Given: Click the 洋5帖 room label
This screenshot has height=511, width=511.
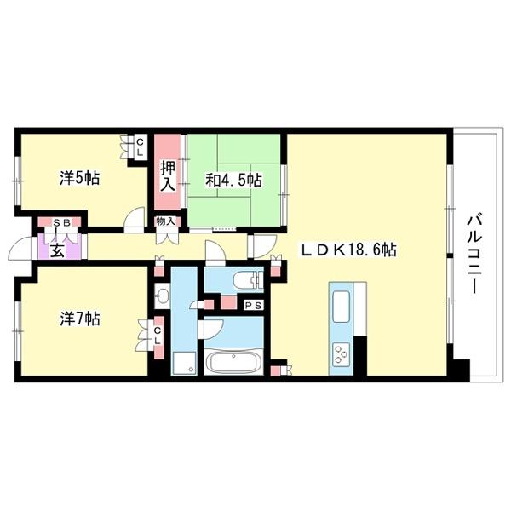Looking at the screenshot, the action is click(x=79, y=178).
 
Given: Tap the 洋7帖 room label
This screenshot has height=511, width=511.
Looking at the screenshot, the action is click(x=80, y=319).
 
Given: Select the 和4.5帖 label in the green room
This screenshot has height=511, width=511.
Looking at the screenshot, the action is click(x=233, y=181).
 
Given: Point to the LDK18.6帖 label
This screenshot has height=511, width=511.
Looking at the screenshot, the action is click(x=348, y=250).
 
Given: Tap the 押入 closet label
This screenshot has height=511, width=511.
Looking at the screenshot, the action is click(x=168, y=176).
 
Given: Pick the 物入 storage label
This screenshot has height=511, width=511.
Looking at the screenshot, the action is click(x=165, y=222).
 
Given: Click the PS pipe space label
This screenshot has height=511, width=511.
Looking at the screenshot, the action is click(x=253, y=306).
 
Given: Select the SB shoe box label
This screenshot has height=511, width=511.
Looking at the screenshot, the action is click(x=62, y=223).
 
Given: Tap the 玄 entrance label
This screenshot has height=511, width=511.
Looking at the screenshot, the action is click(x=57, y=251).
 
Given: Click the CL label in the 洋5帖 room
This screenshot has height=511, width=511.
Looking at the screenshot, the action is click(x=140, y=147).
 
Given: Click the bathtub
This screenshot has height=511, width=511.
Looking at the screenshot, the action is click(x=233, y=362).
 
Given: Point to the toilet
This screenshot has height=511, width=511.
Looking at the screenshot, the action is click(x=250, y=280).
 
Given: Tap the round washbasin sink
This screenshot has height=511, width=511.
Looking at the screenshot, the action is click(x=161, y=296).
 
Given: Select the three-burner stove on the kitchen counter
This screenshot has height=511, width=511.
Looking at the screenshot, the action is click(x=341, y=353).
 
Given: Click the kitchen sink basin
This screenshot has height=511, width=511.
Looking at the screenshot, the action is click(x=341, y=307).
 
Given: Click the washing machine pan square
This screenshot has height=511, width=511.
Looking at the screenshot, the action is click(x=184, y=363).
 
